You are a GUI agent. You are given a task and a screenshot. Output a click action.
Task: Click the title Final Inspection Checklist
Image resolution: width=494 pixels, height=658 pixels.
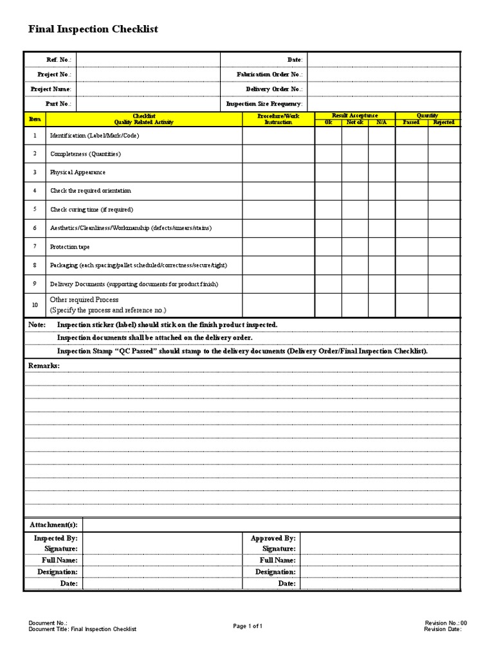[x=93, y=30]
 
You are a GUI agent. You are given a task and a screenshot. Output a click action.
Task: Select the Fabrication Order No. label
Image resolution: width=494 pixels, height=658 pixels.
[x=269, y=75]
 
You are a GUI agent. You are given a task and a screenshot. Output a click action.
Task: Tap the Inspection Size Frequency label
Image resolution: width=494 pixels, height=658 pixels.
[x=264, y=103]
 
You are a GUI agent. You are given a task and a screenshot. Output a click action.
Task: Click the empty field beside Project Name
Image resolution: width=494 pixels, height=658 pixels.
[x=148, y=89]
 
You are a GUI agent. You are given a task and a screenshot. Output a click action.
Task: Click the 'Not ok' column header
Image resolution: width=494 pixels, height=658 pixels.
[x=354, y=122]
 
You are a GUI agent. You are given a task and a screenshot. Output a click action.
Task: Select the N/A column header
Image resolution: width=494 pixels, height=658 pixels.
[x=381, y=122]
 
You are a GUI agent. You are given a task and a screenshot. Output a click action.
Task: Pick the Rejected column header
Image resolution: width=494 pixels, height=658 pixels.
[x=444, y=122]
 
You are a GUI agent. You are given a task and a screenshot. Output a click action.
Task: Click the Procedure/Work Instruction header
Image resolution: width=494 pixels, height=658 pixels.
[x=278, y=119]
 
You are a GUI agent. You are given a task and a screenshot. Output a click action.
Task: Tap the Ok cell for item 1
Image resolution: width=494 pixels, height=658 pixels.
[x=328, y=136]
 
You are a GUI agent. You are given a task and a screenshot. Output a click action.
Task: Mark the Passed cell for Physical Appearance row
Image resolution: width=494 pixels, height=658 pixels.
[x=411, y=173]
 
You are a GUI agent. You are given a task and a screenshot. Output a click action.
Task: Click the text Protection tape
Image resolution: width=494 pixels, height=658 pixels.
[x=70, y=247]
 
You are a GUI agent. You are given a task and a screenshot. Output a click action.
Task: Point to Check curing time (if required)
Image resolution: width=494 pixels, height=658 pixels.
[x=91, y=209]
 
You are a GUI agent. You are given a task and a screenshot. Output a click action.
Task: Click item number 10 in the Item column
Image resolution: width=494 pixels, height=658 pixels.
[x=35, y=305]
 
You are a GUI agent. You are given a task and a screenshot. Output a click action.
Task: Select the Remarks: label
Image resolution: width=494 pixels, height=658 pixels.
[x=44, y=366]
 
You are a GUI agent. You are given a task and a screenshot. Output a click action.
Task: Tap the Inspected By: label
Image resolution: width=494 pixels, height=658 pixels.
[x=55, y=538]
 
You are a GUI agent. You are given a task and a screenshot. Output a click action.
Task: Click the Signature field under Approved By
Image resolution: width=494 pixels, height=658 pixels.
[x=380, y=549]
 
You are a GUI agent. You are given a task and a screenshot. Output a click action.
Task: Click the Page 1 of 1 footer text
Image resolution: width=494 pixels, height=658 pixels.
[x=248, y=626]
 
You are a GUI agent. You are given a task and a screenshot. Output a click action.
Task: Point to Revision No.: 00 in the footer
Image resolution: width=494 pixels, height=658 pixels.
[x=446, y=623]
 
